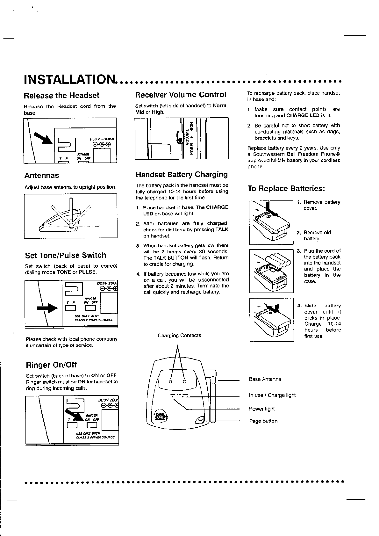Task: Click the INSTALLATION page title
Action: [70, 80]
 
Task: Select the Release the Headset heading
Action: [61, 95]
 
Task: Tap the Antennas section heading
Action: [42, 175]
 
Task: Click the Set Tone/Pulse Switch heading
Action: [65, 255]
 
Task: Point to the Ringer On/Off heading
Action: [51, 365]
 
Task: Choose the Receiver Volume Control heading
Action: [181, 95]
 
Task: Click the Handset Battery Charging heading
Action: [182, 174]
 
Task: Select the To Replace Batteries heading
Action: [286, 189]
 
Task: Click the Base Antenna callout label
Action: [265, 379]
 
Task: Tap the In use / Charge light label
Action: [272, 395]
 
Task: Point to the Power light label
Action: [262, 409]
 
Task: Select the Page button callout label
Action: [263, 421]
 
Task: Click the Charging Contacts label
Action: [179, 335]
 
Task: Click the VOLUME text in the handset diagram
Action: [187, 138]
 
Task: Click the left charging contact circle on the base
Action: [170, 382]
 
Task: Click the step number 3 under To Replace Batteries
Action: [299, 251]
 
